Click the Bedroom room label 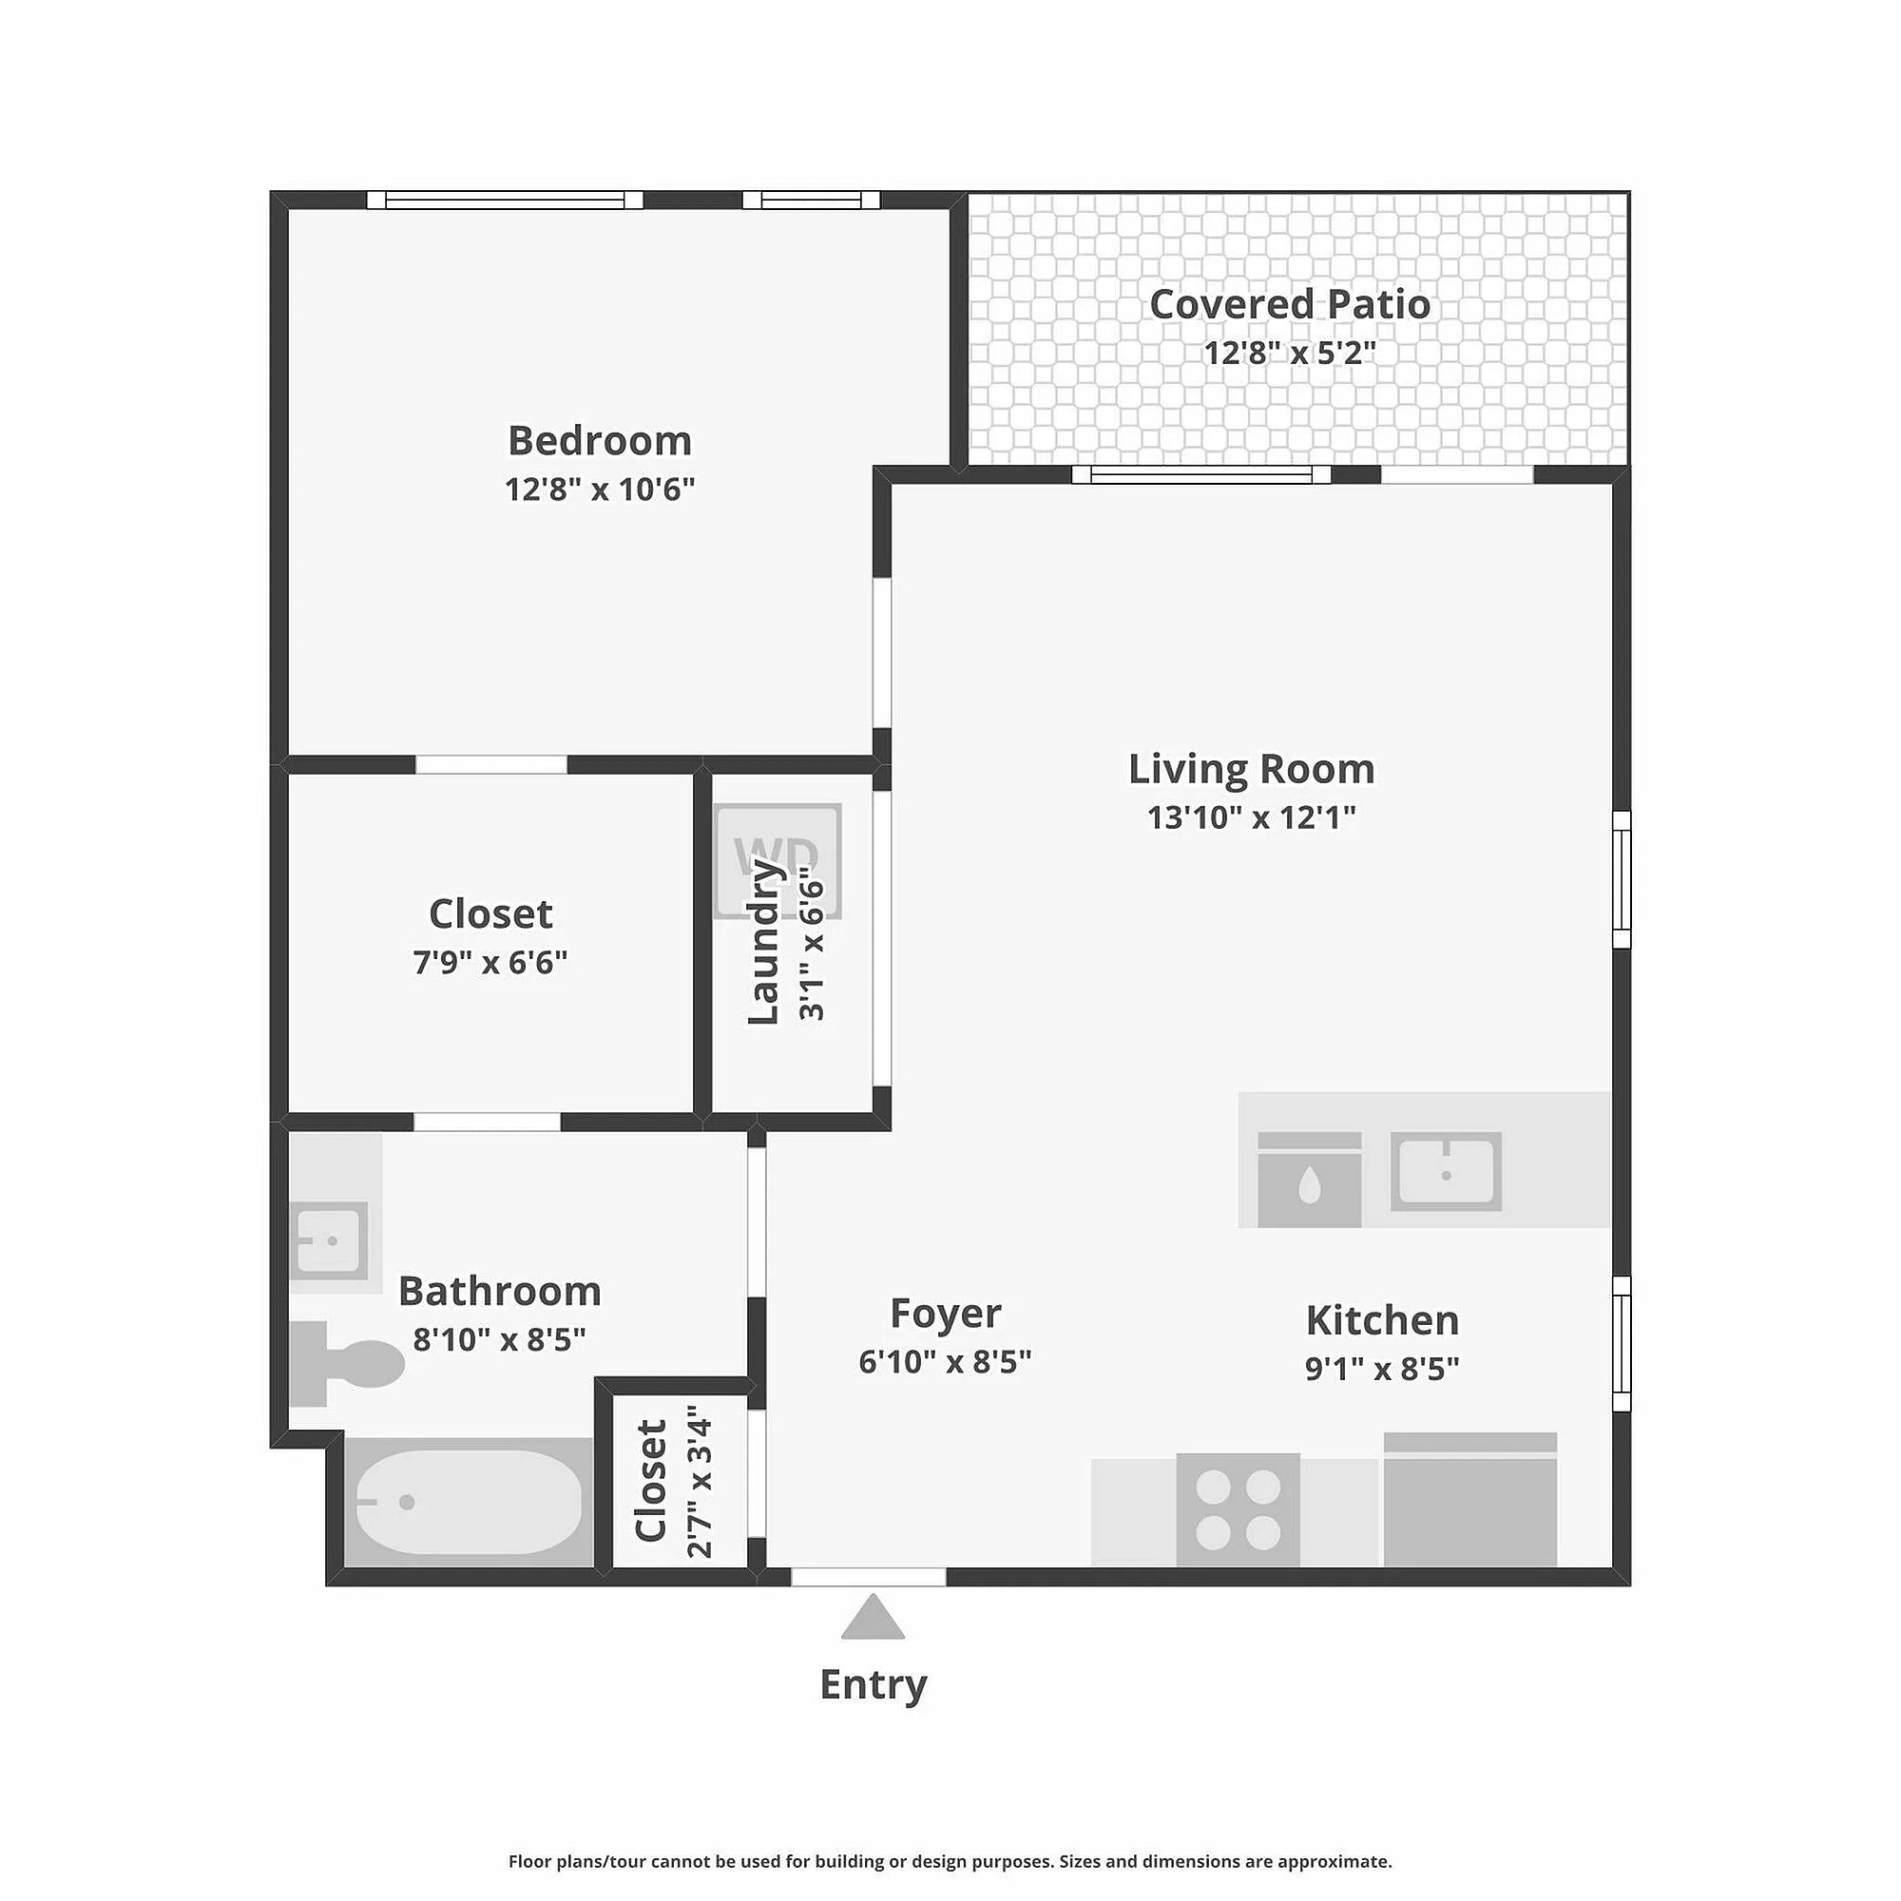pyautogui.click(x=599, y=440)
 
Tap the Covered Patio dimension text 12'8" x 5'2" pyautogui.click(x=1289, y=352)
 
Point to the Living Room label pyautogui.click(x=1251, y=768)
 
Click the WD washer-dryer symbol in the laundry pyautogui.click(x=778, y=860)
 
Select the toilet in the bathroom pyautogui.click(x=347, y=1364)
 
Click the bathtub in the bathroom pyautogui.click(x=469, y=1502)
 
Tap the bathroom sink pyautogui.click(x=330, y=1239)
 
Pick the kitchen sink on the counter pyautogui.click(x=1446, y=1171)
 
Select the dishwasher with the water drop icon pyautogui.click(x=1310, y=1180)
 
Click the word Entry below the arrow pyautogui.click(x=874, y=1684)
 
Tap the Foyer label pyautogui.click(x=946, y=1313)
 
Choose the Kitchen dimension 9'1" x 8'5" pyautogui.click(x=1382, y=1369)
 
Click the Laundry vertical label pyautogui.click(x=763, y=941)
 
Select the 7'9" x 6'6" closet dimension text pyautogui.click(x=490, y=961)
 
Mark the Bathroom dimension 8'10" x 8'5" pyautogui.click(x=499, y=1339)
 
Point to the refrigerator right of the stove pyautogui.click(x=1470, y=1499)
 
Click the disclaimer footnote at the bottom pyautogui.click(x=950, y=1862)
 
